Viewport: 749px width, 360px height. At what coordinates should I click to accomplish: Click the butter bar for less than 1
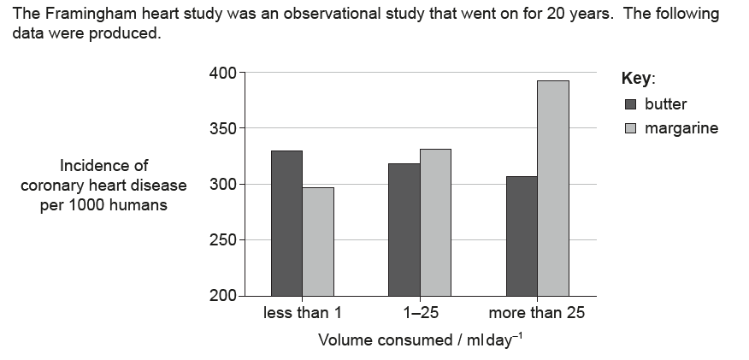[286, 223]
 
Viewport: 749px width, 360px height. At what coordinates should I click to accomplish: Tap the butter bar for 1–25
[404, 229]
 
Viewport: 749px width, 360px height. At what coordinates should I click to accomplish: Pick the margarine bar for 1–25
[435, 222]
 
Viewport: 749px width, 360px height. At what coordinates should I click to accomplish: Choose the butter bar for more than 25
[522, 236]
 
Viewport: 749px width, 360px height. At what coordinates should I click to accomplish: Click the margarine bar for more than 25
[553, 188]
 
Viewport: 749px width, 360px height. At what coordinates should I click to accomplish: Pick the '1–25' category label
[419, 313]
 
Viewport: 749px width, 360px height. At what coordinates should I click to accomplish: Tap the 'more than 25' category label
[537, 313]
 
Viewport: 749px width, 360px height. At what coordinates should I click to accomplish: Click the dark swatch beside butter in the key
[631, 105]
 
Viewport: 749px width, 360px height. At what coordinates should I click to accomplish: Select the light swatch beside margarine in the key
[631, 129]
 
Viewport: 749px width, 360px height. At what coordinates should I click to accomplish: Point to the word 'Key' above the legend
[636, 79]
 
